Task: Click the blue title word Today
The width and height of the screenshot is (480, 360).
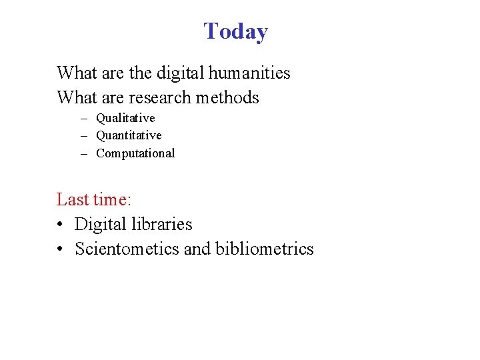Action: pyautogui.click(x=235, y=31)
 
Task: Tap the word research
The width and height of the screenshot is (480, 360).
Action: pyautogui.click(x=159, y=97)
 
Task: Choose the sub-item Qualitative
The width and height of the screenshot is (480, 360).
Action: pyautogui.click(x=125, y=118)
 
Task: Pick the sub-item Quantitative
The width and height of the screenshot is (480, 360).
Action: pyautogui.click(x=129, y=135)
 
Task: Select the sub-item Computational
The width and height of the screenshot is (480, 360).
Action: pyautogui.click(x=135, y=153)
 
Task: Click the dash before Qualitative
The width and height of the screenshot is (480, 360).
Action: pyautogui.click(x=86, y=119)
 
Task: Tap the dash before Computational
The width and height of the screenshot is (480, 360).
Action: pyautogui.click(x=86, y=154)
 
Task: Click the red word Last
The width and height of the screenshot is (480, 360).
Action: pyautogui.click(x=72, y=199)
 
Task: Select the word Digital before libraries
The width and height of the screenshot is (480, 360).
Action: pyautogui.click(x=97, y=224)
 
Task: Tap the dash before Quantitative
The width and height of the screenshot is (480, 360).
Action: pyautogui.click(x=86, y=136)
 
